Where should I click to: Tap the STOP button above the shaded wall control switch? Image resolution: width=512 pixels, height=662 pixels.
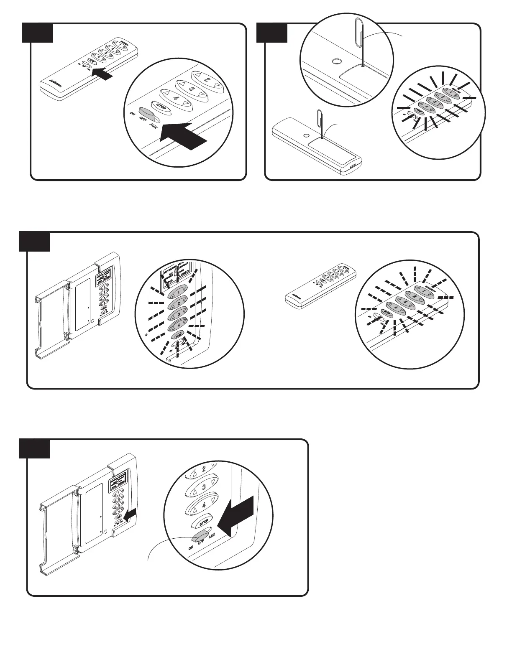click(x=203, y=522)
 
